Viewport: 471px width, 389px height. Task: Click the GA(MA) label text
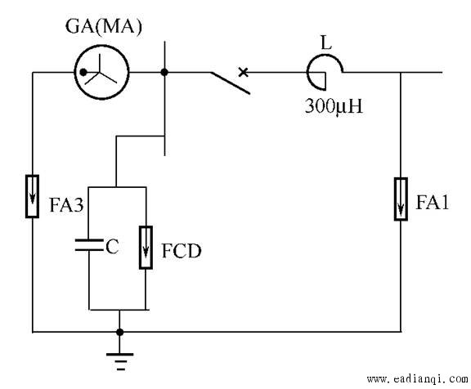point(104,27)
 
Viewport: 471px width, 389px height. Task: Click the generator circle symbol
point(102,45)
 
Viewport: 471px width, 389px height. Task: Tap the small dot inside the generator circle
point(83,73)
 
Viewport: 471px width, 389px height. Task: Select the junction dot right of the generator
point(164,72)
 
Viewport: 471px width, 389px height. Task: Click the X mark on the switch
point(244,72)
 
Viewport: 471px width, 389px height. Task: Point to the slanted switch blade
point(230,83)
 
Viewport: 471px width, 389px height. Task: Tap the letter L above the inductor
point(326,42)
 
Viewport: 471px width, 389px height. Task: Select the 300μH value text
point(334,106)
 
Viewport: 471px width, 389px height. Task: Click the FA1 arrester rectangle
point(401,199)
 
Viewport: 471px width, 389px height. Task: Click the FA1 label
point(433,203)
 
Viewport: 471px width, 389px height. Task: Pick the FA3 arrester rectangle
point(32,196)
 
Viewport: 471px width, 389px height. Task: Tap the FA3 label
point(67,205)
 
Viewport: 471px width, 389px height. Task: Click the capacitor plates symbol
point(89,245)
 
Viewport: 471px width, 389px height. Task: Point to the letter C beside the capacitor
point(112,247)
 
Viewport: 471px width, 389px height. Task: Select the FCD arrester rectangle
point(146,248)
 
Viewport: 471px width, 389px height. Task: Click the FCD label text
point(182,251)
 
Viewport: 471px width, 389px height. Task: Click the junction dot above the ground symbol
point(120,332)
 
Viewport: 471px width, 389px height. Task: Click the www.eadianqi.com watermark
point(418,379)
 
